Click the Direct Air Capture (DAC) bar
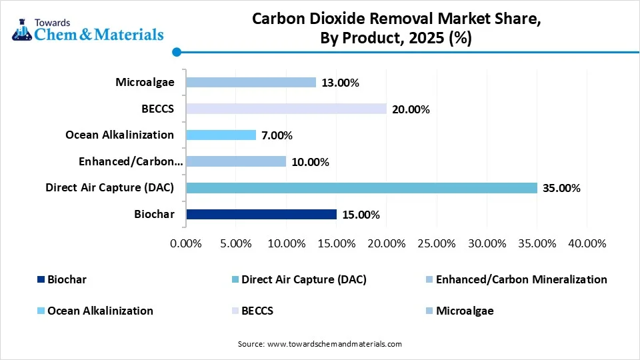[361, 188]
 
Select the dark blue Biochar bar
[261, 214]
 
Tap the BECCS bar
[286, 109]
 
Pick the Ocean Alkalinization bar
[221, 135]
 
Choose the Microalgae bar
[251, 83]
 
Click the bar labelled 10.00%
[236, 161]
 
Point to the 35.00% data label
[561, 189]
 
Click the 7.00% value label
[277, 135]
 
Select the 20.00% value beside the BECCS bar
[411, 109]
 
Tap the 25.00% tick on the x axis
[437, 244]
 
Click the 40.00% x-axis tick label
[587, 244]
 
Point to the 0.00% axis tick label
[186, 244]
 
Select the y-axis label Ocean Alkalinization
[119, 135]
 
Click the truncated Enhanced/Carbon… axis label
[130, 161]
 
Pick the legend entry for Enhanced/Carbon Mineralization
[521, 280]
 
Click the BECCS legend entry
[257, 311]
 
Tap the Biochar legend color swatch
[40, 280]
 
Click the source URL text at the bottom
[320, 344]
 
